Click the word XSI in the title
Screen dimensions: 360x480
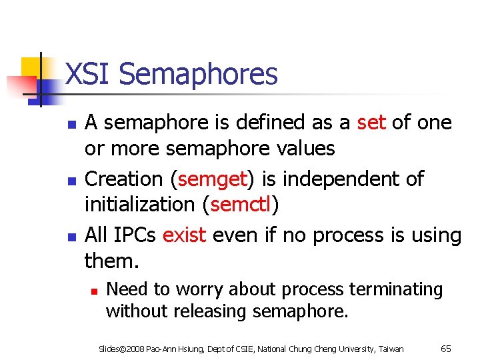tap(87, 74)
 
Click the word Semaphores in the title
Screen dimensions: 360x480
tap(198, 74)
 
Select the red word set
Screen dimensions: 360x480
tap(371, 123)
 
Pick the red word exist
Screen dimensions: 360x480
tap(184, 235)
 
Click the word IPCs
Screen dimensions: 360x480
tap(135, 235)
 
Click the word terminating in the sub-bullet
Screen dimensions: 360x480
tap(397, 289)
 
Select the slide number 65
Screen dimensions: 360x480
tap(446, 348)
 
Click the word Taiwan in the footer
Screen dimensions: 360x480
tap(390, 349)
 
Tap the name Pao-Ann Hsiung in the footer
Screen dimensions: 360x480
tap(170, 349)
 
